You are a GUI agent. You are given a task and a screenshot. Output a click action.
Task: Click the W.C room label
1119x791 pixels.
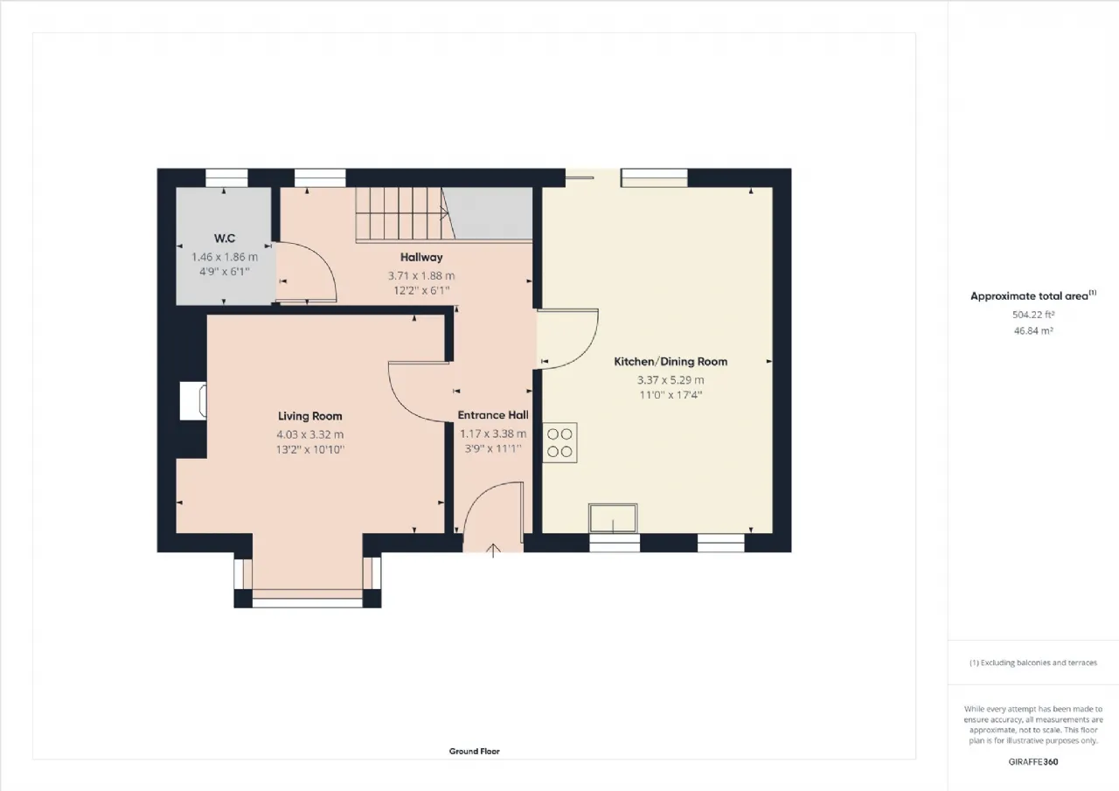225,239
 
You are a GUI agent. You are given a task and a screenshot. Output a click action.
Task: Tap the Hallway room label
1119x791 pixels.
421,257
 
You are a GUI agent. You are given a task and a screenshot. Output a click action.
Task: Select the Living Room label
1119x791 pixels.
309,416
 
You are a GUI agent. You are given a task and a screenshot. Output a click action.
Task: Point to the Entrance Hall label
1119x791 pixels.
493,415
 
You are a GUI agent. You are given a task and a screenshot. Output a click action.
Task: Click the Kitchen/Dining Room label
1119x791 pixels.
671,362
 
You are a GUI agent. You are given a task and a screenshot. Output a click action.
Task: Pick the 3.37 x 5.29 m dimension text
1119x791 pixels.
671,380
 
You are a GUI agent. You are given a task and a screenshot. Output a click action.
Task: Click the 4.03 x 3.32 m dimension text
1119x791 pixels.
310,434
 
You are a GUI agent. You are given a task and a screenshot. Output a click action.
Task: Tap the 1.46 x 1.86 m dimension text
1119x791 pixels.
225,257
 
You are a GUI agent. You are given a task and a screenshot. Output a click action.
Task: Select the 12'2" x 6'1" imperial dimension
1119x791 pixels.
421,290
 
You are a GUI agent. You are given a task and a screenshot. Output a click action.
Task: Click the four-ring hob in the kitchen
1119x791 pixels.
559,443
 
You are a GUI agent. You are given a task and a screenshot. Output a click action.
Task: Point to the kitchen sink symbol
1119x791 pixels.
613,518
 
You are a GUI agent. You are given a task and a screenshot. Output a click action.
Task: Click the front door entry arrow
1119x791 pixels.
493,551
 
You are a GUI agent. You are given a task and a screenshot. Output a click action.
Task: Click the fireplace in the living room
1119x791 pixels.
193,401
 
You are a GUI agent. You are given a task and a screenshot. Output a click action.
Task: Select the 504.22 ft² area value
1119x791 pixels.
1033,315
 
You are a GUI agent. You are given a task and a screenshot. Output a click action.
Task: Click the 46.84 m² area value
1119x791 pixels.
1033,330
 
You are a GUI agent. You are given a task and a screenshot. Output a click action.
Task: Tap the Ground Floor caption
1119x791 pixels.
474,751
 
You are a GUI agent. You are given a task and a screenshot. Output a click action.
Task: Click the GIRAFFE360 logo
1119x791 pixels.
1033,762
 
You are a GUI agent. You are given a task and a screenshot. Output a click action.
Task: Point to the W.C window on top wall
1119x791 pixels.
226,177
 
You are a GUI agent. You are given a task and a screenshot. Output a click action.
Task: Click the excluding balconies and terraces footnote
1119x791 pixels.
1033,663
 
